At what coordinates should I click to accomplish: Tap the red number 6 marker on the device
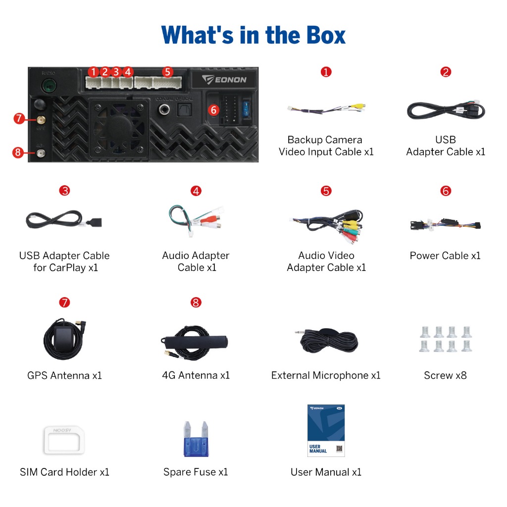coord(213,110)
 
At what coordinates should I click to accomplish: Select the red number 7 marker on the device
coord(19,118)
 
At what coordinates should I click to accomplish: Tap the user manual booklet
coord(326,430)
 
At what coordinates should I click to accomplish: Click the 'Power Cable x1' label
coord(445,256)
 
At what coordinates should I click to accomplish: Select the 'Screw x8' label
coord(445,376)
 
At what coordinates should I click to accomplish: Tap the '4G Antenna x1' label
coord(196,376)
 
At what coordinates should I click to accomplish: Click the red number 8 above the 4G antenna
coord(196,302)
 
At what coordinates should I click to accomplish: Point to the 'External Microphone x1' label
coord(326,376)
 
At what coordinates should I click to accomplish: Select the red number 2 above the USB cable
coord(446,72)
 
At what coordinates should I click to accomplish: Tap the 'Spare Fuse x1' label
coord(196,472)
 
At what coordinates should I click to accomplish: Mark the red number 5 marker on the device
coord(167,72)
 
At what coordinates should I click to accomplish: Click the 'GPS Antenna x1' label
coord(64,376)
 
